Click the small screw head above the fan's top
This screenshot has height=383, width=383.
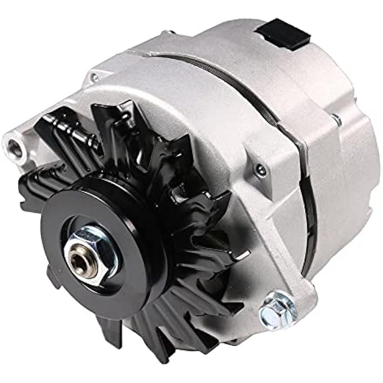coord(95,78)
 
